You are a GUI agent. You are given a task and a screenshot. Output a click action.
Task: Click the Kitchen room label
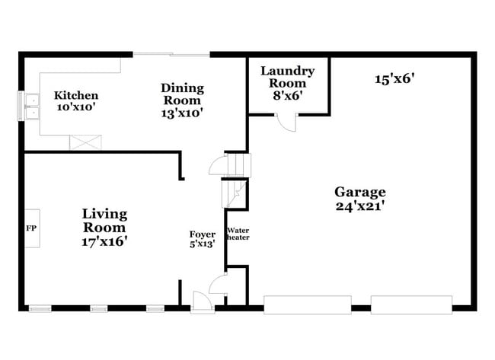coord(75,96)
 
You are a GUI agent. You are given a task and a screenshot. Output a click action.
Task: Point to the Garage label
coord(359,192)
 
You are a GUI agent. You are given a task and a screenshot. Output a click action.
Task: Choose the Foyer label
coord(202,234)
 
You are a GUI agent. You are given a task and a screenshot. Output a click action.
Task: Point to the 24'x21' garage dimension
coord(359,205)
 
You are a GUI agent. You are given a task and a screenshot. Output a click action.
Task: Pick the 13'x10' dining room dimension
coord(181,113)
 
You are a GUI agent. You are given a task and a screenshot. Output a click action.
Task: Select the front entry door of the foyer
coord(203,301)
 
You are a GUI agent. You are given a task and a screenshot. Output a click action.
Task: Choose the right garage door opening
coord(410,304)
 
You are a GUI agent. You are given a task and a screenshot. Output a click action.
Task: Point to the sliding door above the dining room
coord(171,53)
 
